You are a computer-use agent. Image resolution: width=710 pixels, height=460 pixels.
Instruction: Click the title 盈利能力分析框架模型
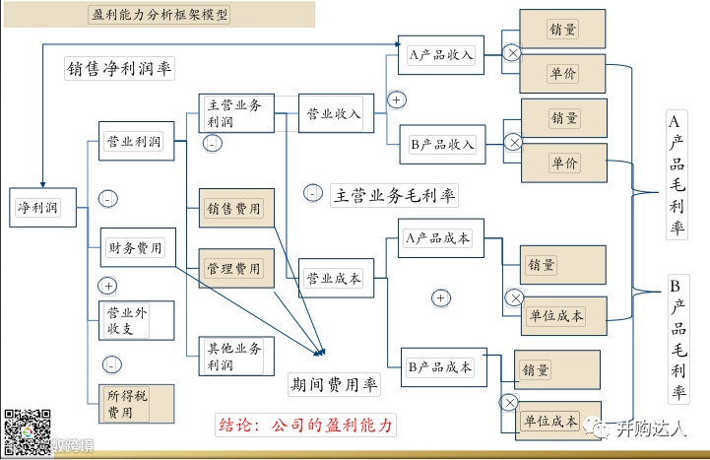tap(158, 15)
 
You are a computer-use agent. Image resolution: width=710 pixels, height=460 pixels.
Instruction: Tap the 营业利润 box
tap(136, 143)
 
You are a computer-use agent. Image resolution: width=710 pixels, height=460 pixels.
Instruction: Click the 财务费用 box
tap(136, 247)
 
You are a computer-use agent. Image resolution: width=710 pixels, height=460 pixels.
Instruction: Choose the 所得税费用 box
tap(136, 404)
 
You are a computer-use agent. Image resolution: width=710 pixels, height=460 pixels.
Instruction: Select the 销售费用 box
tap(235, 209)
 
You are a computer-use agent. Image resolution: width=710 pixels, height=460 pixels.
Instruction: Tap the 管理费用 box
tap(235, 268)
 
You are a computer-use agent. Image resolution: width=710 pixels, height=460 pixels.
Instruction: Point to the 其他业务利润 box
tap(234, 356)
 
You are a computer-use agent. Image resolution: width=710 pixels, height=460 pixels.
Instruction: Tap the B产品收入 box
tap(442, 145)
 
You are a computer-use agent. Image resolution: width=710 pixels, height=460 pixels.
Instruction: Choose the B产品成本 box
tap(441, 367)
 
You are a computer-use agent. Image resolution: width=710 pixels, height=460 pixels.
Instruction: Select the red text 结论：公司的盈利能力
tap(304, 426)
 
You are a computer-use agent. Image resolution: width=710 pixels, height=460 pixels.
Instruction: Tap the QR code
tap(28, 431)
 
